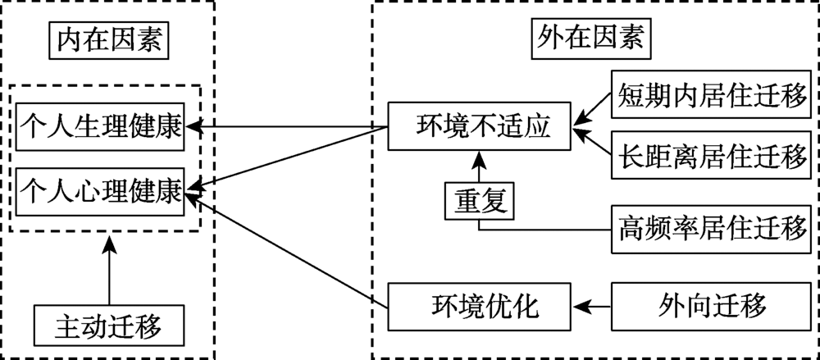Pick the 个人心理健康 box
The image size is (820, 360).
click(100, 190)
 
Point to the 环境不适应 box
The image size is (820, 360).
click(479, 126)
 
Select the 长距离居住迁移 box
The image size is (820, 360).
click(711, 158)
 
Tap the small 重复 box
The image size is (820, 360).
click(479, 200)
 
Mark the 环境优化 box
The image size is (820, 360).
click(479, 306)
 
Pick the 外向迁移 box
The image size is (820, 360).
click(711, 306)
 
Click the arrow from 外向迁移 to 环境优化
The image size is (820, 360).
click(592, 306)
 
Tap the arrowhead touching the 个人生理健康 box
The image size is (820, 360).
click(192, 126)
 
